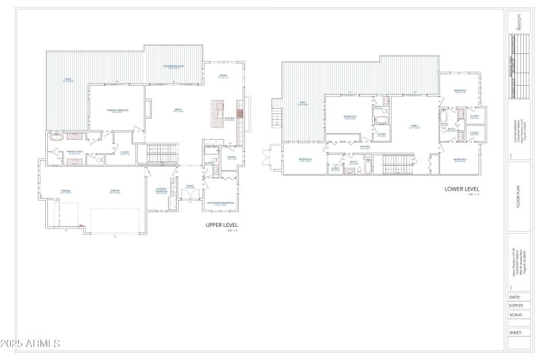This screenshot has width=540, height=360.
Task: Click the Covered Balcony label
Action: pos(173,67)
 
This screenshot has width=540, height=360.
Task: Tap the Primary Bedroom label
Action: pos(117,110)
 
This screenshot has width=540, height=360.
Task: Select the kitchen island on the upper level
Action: pos(217,110)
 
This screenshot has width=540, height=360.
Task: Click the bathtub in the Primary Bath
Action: pos(57,137)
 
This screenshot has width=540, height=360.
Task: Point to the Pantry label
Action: pos(232,159)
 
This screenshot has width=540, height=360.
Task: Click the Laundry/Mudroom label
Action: pos(161,190)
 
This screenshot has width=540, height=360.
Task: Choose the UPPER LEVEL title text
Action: pos(222,225)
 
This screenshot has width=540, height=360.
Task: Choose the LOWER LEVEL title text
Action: pos(462,189)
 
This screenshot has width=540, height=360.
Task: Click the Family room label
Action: pos(414,126)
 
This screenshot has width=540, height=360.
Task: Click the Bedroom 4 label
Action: pos(461,161)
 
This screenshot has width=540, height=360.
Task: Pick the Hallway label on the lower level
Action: pos(365,147)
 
